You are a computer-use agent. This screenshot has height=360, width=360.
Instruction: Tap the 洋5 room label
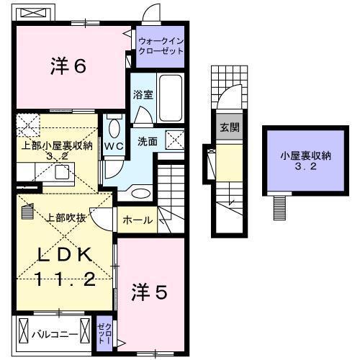(x=150, y=292)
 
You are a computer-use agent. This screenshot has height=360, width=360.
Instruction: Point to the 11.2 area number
(x=65, y=279)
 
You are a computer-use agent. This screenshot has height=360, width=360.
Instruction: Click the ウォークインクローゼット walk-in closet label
(x=161, y=47)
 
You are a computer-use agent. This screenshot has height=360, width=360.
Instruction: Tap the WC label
(x=114, y=145)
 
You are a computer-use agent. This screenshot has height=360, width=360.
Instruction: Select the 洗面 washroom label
(x=148, y=141)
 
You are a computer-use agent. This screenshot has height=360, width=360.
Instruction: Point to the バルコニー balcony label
(x=54, y=335)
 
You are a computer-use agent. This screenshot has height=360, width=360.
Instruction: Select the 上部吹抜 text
(x=68, y=218)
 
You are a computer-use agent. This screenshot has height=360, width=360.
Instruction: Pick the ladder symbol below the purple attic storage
(x=279, y=208)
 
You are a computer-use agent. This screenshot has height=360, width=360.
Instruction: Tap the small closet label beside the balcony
(x=104, y=334)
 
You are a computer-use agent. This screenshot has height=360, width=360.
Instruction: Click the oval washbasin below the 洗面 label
(x=142, y=192)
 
